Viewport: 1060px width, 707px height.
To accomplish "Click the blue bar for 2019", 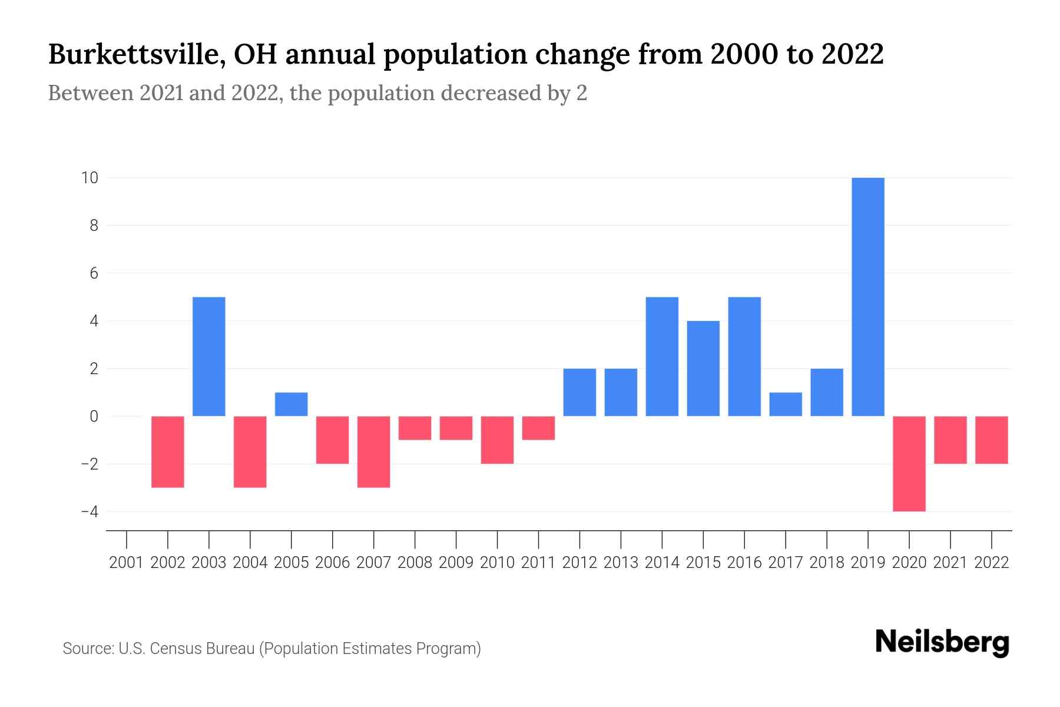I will [868, 297].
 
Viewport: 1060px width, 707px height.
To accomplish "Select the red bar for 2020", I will [909, 464].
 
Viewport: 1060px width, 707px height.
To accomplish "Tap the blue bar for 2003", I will [209, 356].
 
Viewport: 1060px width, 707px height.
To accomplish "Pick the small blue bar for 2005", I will [291, 404].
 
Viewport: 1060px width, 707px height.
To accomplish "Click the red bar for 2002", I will [168, 451].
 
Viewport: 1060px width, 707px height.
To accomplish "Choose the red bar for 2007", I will [374, 451].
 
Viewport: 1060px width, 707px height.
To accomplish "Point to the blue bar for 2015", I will [703, 368].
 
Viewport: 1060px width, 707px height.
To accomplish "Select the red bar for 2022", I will [992, 440].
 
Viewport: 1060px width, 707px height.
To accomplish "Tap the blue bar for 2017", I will [786, 404].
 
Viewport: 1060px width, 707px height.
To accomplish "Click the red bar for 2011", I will [538, 428].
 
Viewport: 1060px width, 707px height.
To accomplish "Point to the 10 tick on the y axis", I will [90, 177].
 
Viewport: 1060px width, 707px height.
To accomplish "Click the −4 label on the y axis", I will [90, 511].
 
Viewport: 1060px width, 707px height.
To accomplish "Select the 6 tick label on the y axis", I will [94, 273].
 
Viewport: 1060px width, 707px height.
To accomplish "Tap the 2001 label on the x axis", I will [127, 563].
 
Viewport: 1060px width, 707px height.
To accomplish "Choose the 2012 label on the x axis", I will [579, 563].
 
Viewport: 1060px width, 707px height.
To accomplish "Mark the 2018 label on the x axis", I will [827, 563].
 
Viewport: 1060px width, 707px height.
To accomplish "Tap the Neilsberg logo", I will [942, 642].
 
